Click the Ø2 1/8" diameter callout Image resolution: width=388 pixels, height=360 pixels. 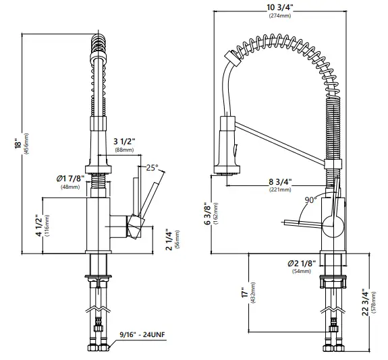(298, 262)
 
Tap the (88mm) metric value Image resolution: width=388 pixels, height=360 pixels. (123, 150)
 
